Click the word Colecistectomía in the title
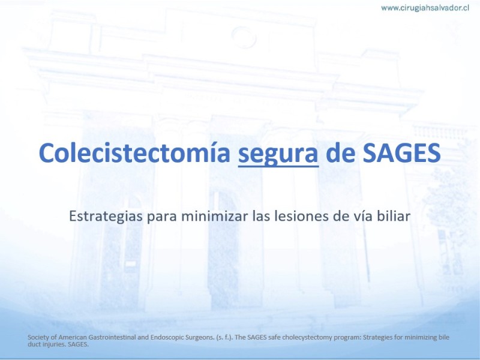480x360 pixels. pos(134,153)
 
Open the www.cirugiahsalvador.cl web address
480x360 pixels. pos(425,8)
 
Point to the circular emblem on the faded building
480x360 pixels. pos(244,37)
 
